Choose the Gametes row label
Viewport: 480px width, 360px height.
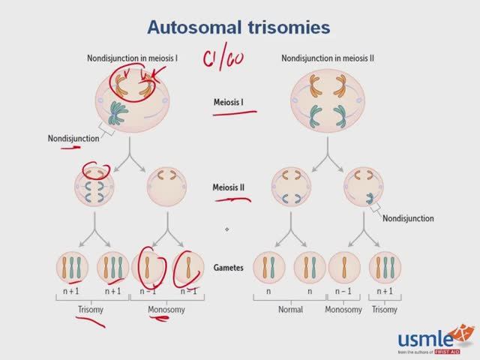233,268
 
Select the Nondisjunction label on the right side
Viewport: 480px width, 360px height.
408,218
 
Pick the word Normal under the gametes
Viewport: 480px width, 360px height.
286,308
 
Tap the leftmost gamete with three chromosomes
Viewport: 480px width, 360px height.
71,268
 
